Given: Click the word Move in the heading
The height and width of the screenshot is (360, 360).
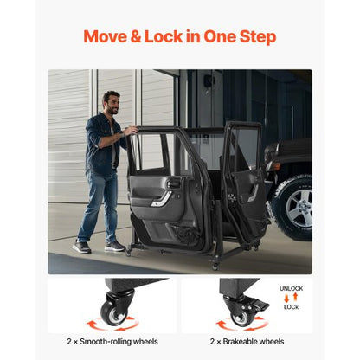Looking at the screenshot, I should (x=105, y=37).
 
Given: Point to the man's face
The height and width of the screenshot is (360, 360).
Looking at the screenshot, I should (x=111, y=102).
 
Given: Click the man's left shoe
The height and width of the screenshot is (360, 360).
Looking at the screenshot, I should (x=81, y=247).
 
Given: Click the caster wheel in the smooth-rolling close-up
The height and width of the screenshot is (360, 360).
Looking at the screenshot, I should (x=114, y=313).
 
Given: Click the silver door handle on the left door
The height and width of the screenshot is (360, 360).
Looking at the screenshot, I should (x=161, y=197).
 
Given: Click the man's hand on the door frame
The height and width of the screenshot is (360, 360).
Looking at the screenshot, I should (x=131, y=132).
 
